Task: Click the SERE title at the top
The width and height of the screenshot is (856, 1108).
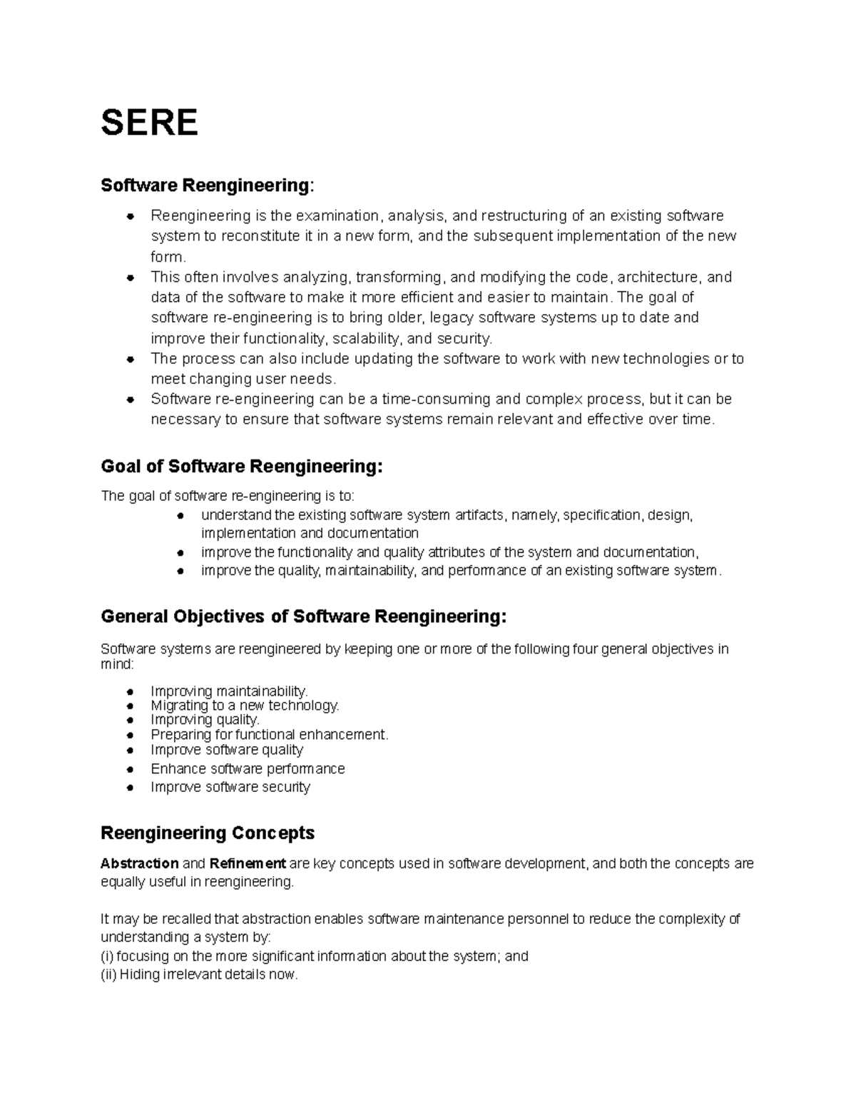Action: (149, 123)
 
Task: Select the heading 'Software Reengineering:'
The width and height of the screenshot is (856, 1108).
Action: (206, 185)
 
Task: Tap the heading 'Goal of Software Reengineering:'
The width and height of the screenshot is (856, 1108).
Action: (242, 467)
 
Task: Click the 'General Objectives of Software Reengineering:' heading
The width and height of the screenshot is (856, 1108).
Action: (304, 616)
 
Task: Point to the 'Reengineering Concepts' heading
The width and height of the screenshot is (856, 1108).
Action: (208, 833)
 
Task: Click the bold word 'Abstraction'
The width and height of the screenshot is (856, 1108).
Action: (140, 863)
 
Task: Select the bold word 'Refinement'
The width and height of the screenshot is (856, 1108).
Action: (248, 863)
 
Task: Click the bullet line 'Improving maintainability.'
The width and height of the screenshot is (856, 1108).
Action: (229, 691)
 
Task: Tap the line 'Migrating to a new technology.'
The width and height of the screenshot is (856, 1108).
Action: (245, 705)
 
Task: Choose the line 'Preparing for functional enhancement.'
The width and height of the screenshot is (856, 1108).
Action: (269, 734)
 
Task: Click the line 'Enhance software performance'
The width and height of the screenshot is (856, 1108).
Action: (248, 768)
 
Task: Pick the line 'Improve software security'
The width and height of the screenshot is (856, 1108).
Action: (230, 787)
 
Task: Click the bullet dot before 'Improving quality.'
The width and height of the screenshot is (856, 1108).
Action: (130, 721)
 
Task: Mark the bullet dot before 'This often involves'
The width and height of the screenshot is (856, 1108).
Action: (130, 277)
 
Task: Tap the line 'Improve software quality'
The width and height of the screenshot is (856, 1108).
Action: (227, 750)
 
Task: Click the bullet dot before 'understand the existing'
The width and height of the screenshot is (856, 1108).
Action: (181, 515)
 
